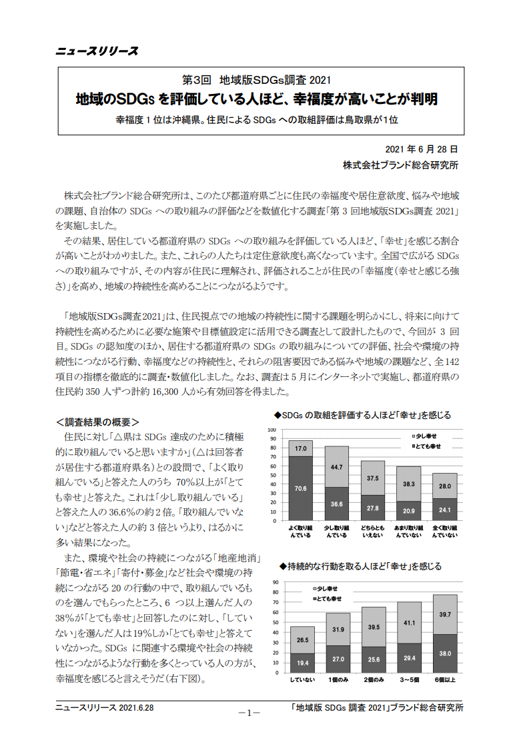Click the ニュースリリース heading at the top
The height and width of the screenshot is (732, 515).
tap(97, 51)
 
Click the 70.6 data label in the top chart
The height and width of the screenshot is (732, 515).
tap(301, 488)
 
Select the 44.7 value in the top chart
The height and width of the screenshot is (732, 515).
tap(337, 467)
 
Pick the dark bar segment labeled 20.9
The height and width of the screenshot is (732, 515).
tap(408, 510)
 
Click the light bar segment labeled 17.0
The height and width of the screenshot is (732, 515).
tap(301, 448)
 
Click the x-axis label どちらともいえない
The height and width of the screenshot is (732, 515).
tap(372, 531)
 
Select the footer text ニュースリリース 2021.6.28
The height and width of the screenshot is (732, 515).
tap(104, 707)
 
